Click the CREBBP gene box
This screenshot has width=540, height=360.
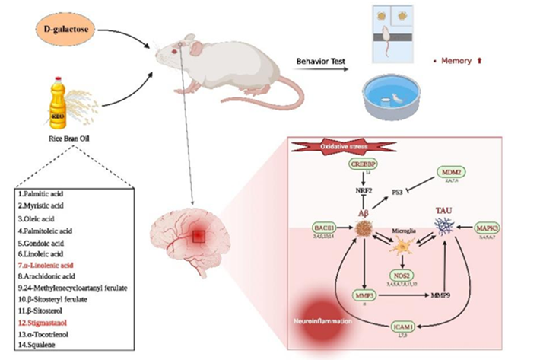[x=365, y=166]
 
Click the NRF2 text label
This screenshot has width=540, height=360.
[x=364, y=192]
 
